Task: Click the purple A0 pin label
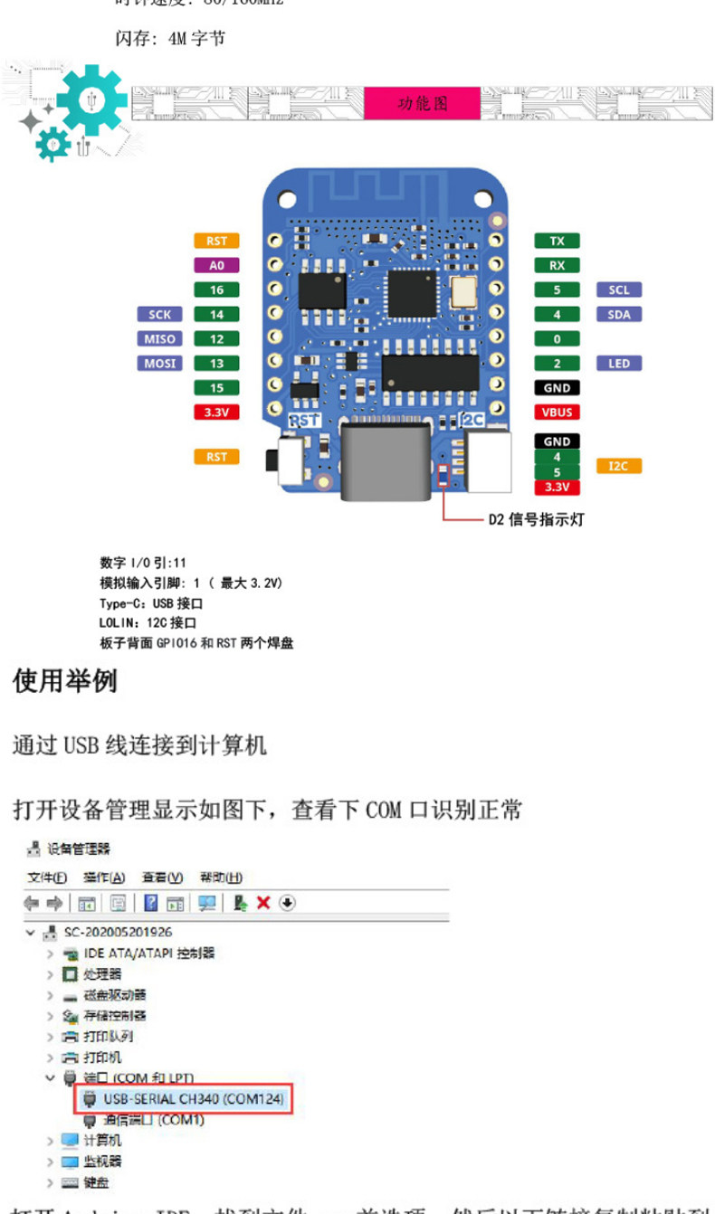(x=216, y=266)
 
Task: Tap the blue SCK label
(x=159, y=315)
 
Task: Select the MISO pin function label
(x=159, y=339)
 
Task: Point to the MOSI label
(x=159, y=364)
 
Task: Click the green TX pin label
(x=557, y=242)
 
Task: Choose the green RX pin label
(x=557, y=266)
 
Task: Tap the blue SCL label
(x=619, y=290)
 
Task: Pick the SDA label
(x=619, y=315)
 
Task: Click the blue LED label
(x=619, y=364)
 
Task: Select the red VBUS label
(x=557, y=413)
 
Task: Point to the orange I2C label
(x=619, y=466)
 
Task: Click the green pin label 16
(x=216, y=290)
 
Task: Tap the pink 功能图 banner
(x=423, y=104)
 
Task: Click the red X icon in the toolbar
(x=263, y=903)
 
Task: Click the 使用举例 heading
(x=65, y=681)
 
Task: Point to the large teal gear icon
(x=91, y=100)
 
